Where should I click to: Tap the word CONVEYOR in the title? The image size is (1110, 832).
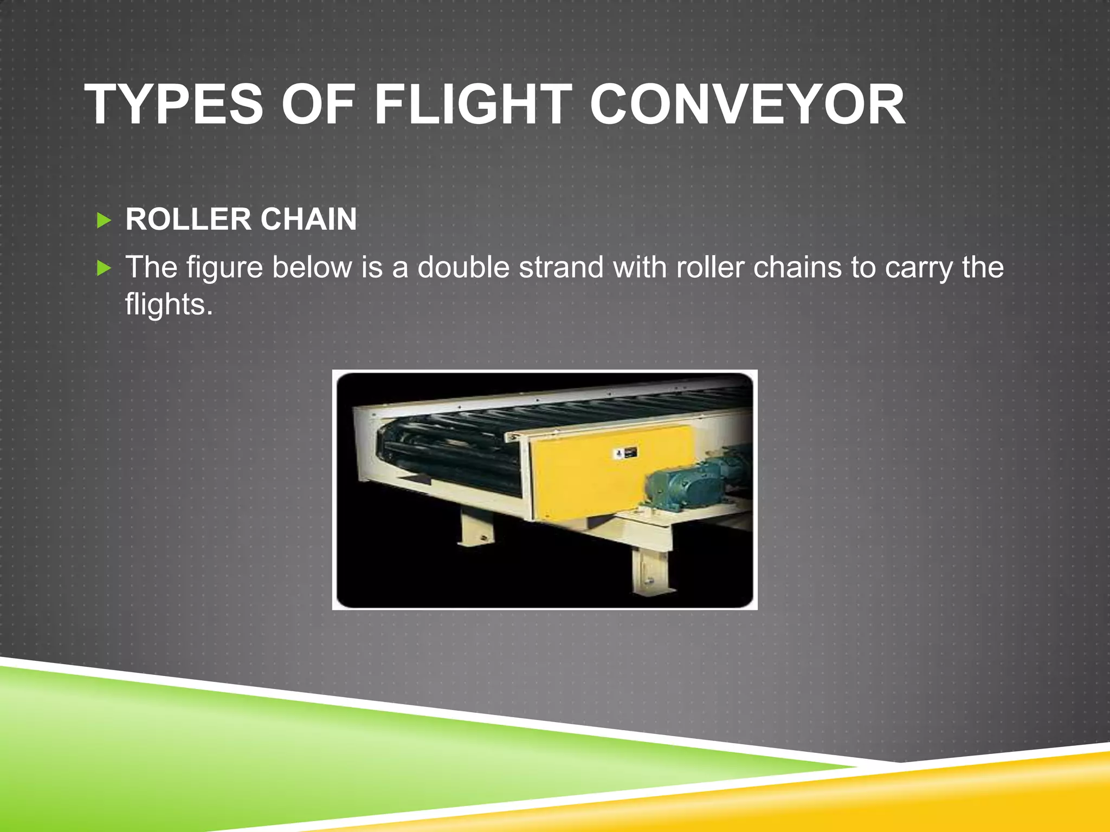tap(747, 105)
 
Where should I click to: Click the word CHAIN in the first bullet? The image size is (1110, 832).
tap(308, 219)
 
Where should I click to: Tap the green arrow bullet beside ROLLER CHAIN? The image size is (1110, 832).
tap(104, 220)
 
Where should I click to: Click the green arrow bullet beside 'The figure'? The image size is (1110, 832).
tap(104, 268)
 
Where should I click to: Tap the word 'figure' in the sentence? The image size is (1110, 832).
tap(224, 268)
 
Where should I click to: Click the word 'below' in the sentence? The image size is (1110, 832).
tap(312, 267)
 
